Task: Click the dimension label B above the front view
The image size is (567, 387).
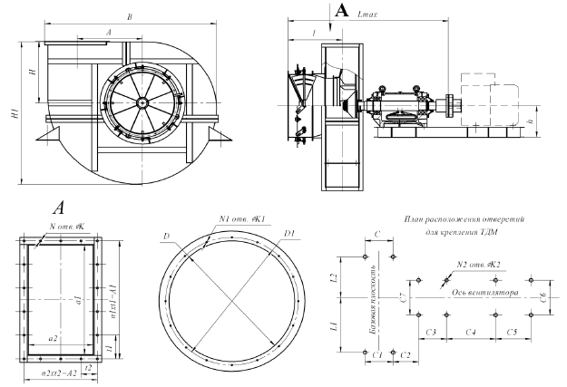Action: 132,16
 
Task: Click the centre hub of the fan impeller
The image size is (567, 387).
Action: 143,102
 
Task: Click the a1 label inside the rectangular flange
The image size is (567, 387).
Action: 79,299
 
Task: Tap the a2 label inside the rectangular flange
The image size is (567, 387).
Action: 54,336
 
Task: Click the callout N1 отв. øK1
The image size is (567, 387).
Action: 239,218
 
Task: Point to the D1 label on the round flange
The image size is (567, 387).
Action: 289,234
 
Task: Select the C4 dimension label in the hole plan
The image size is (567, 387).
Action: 472,333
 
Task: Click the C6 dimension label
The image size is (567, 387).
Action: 542,296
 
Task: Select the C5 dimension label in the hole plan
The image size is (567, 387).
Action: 513,333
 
